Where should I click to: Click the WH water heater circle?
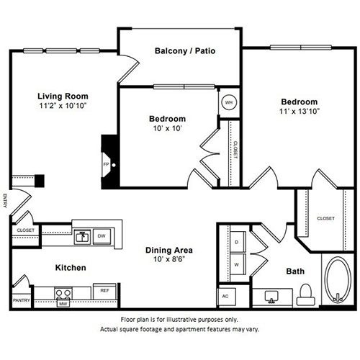tap(229, 102)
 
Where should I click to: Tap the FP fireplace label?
tap(106, 165)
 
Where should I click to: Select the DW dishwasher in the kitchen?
tap(102, 236)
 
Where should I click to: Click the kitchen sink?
tap(82, 237)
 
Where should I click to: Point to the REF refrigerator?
tap(104, 292)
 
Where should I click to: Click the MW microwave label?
tap(63, 304)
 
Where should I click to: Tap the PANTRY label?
tap(22, 300)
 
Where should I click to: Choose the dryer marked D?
tap(238, 242)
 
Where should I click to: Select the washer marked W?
tap(238, 264)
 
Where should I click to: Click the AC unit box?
tap(226, 297)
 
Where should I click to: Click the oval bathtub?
tap(338, 279)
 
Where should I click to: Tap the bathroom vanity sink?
tap(271, 297)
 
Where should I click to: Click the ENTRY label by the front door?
tap(5, 201)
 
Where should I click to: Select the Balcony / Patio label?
tap(185, 51)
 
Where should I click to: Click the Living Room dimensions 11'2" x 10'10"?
tap(63, 106)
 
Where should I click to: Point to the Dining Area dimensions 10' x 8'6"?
tap(169, 259)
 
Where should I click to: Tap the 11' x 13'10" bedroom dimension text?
tap(300, 112)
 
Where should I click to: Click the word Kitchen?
tap(71, 268)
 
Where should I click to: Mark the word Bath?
tap(295, 271)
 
